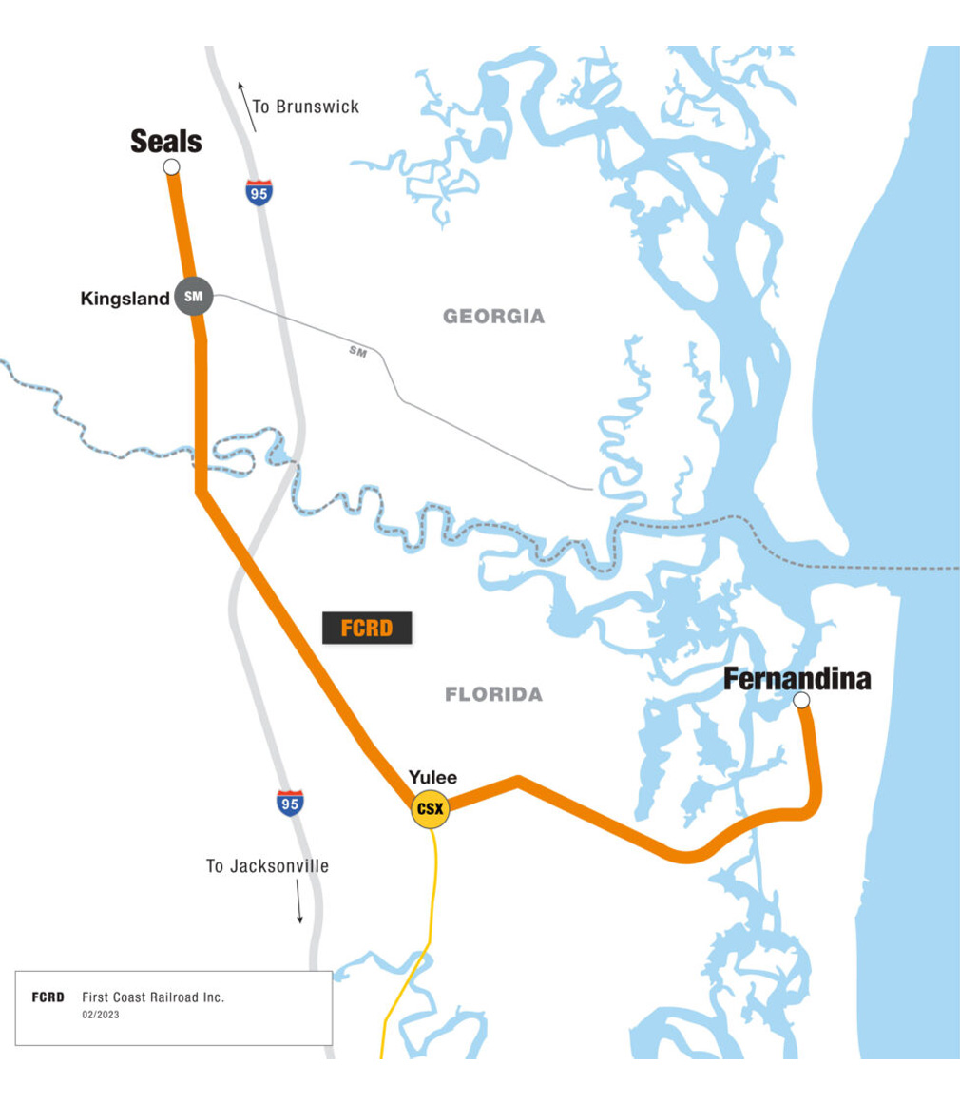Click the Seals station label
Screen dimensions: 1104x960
click(x=166, y=143)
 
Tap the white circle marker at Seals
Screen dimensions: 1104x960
click(x=171, y=167)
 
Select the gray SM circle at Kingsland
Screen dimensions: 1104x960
click(x=194, y=297)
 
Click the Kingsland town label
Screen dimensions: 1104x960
click(x=125, y=298)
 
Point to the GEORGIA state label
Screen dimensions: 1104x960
click(x=494, y=317)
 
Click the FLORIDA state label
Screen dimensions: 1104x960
click(x=494, y=695)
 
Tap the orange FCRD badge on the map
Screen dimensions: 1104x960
click(x=367, y=628)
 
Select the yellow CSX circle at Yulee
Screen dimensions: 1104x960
click(x=430, y=809)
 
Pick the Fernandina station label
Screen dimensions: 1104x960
click(x=797, y=679)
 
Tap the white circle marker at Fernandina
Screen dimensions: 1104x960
click(x=801, y=701)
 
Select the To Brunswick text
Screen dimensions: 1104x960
click(x=306, y=107)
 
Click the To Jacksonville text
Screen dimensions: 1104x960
click(x=267, y=866)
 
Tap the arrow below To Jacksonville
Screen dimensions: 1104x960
click(x=298, y=901)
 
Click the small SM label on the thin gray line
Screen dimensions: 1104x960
click(x=358, y=352)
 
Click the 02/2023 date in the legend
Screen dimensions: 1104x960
click(x=101, y=1015)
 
